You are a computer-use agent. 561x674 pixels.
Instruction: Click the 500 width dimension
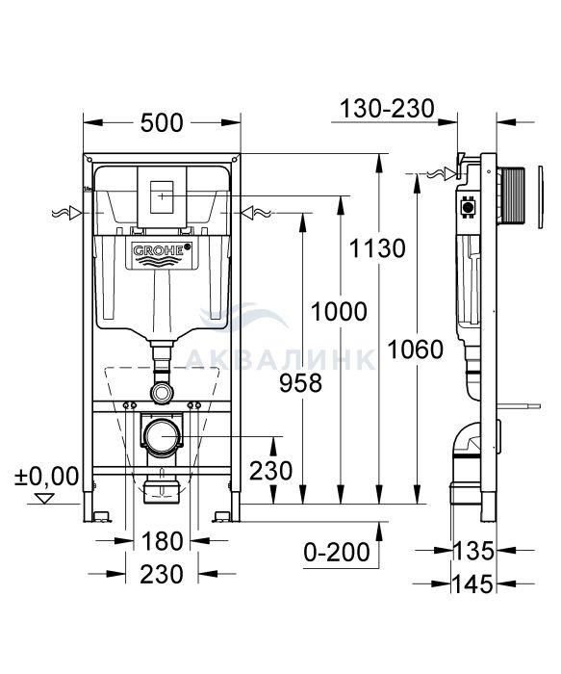click(x=162, y=123)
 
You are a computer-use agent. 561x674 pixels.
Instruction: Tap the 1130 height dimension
click(x=377, y=248)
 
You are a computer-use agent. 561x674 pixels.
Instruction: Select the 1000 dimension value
click(x=339, y=312)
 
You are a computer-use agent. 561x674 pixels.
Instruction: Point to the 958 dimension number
click(x=300, y=383)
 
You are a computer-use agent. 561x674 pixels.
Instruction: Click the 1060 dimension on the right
click(x=415, y=349)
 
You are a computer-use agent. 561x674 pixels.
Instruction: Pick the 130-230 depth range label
click(x=387, y=109)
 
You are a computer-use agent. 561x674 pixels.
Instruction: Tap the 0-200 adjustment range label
click(x=337, y=552)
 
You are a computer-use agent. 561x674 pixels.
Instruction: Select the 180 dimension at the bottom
click(x=162, y=541)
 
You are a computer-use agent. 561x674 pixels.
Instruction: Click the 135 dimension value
click(x=472, y=551)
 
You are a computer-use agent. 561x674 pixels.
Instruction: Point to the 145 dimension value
click(x=472, y=583)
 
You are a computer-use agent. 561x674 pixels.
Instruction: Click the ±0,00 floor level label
click(x=46, y=476)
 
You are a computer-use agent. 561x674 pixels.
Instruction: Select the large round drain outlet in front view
click(x=162, y=436)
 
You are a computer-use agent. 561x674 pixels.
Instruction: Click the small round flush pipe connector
click(x=162, y=393)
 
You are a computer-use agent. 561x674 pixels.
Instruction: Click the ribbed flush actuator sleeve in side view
click(x=511, y=195)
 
